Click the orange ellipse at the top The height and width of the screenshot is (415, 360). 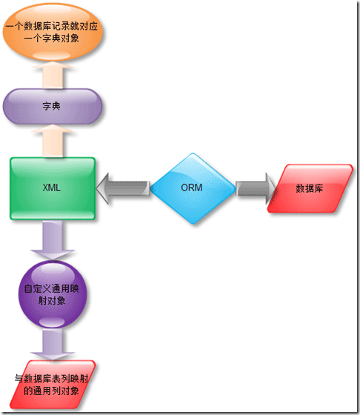(53, 33)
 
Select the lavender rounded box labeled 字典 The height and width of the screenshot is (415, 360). (53, 107)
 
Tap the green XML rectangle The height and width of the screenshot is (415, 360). (53, 188)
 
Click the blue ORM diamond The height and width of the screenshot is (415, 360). (193, 188)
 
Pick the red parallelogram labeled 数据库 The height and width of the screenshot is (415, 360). (310, 188)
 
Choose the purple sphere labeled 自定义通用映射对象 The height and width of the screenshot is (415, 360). (53, 294)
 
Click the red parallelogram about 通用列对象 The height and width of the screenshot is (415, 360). (53, 385)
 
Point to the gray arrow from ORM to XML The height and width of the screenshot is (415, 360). (123, 188)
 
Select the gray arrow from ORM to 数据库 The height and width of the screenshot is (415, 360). (256, 188)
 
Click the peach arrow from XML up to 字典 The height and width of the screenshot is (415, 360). (53, 141)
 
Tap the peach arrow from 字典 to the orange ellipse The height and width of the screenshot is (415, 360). (53, 75)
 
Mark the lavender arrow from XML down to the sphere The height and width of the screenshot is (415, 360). (53, 240)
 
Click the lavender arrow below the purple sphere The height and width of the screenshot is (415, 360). (53, 344)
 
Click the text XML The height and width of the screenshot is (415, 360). (52, 187)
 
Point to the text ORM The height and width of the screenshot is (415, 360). (192, 187)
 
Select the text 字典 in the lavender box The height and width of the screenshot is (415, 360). (52, 106)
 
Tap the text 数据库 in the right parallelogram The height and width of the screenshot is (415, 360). (309, 188)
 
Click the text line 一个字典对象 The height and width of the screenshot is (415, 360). (52, 39)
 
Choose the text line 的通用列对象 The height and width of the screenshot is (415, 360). (52, 391)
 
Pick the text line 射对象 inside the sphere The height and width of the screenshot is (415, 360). (52, 300)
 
